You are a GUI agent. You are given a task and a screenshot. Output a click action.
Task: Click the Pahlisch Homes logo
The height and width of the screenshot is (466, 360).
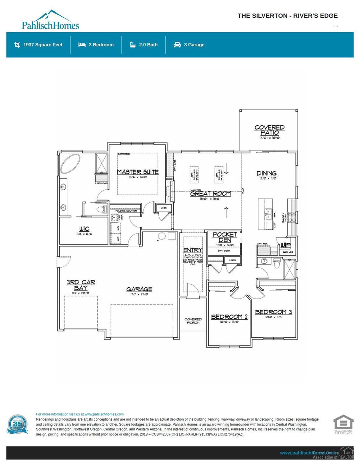[50, 20]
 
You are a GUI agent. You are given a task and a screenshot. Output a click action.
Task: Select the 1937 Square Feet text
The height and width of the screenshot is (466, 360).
[43, 45]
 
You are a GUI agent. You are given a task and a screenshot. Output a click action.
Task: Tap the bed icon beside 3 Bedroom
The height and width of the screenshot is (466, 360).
[82, 45]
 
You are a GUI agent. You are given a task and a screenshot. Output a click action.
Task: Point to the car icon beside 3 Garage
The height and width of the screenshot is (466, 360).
[177, 45]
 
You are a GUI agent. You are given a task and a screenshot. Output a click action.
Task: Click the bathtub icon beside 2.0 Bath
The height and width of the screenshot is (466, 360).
[133, 45]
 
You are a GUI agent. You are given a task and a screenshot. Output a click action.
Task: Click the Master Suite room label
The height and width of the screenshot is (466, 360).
[138, 172]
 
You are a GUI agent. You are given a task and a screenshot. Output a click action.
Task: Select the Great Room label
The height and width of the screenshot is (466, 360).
[210, 194]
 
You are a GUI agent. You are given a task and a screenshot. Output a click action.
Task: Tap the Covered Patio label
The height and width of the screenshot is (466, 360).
[269, 130]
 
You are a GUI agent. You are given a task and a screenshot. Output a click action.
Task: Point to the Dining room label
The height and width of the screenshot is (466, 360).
[266, 173]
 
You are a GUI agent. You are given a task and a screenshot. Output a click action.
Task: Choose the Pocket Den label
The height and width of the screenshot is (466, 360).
[225, 237]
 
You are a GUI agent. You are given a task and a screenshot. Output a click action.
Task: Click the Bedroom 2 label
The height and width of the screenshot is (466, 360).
[229, 317]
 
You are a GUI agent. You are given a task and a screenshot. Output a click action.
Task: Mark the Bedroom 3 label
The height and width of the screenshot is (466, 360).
[273, 312]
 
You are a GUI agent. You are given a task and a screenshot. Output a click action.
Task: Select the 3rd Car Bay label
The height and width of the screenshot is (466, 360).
[81, 285]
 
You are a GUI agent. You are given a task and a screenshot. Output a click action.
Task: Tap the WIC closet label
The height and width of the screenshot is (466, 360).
[84, 229]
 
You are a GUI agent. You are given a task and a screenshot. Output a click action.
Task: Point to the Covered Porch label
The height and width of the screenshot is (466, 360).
[193, 321]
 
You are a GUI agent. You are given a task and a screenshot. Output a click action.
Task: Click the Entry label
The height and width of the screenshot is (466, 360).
[193, 250]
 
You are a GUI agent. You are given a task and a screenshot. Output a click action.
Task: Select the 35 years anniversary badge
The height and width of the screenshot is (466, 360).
[18, 424]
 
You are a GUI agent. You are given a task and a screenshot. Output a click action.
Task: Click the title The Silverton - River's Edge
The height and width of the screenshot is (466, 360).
[287, 16]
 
